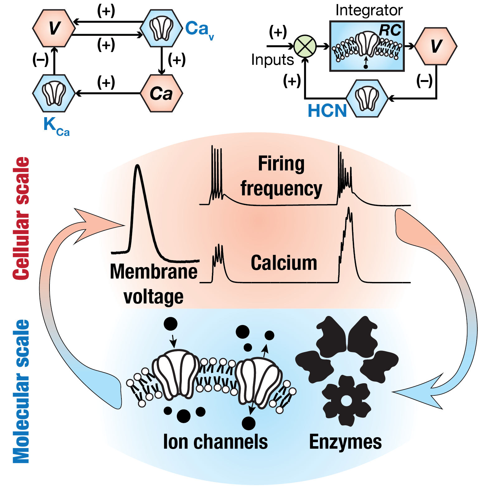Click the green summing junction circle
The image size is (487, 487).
point(305,46)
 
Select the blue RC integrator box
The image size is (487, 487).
point(367,46)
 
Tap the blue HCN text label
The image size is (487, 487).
point(327,111)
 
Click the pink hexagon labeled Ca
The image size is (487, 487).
point(161,93)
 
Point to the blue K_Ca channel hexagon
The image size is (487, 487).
point(54,93)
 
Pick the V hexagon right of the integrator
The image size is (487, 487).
point(436,46)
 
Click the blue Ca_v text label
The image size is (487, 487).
point(199,29)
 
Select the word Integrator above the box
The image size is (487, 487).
point(369,10)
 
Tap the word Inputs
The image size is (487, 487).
point(272,60)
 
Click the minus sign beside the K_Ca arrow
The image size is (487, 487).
point(40,59)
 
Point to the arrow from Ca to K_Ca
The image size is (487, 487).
point(108,93)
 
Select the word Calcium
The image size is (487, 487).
point(284,263)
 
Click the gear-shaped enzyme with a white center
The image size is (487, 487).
point(346,401)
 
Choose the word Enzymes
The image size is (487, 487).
point(345,442)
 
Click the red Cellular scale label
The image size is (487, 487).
point(21,218)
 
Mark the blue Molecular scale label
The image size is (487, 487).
point(21,391)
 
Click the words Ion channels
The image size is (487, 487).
point(215,442)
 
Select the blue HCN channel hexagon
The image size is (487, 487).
point(367,98)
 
